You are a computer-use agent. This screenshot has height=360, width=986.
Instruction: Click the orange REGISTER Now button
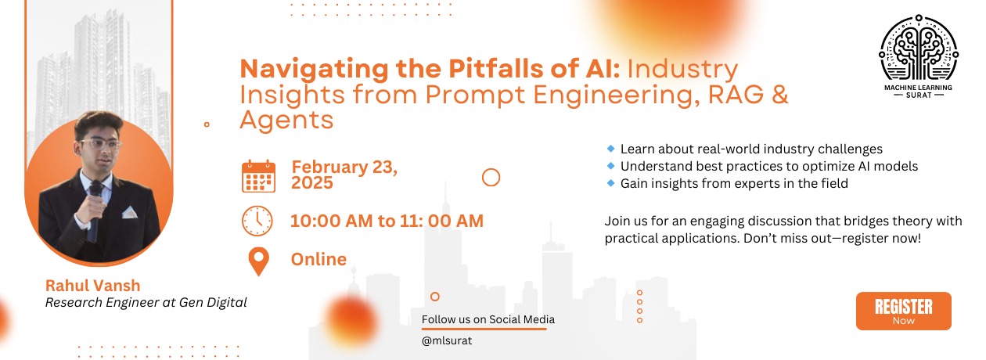pyautogui.click(x=903, y=311)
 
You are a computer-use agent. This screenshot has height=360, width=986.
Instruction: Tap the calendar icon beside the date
pyautogui.click(x=258, y=176)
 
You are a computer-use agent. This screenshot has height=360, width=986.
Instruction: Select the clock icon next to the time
pyautogui.click(x=257, y=221)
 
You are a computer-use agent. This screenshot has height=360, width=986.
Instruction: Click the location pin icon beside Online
pyautogui.click(x=257, y=261)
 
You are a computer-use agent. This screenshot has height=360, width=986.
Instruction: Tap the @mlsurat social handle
pyautogui.click(x=447, y=341)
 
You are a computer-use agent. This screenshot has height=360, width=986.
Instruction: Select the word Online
pyautogui.click(x=318, y=259)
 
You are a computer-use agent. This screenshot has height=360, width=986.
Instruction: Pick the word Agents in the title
pyautogui.click(x=286, y=120)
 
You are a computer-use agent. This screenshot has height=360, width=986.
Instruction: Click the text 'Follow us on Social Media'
pyautogui.click(x=488, y=319)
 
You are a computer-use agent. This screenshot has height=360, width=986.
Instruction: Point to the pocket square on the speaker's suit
pyautogui.click(x=129, y=211)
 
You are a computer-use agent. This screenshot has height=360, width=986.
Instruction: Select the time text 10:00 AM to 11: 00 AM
pyautogui.click(x=387, y=221)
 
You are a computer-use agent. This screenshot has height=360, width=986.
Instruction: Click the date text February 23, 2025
pyautogui.click(x=344, y=175)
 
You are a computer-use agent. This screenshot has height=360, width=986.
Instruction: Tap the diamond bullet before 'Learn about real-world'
pyautogui.click(x=610, y=148)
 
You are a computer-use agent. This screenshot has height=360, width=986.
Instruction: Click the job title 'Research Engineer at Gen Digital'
pyautogui.click(x=146, y=302)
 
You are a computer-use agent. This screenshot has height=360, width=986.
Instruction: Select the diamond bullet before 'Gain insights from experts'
pyautogui.click(x=610, y=183)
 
